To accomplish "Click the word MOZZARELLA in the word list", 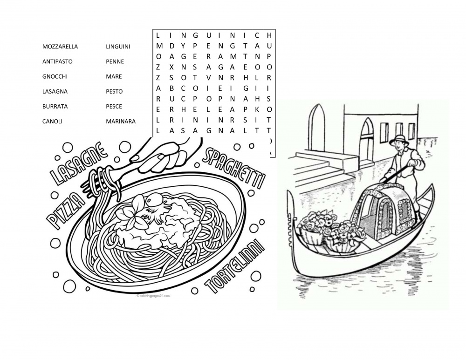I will (60, 47).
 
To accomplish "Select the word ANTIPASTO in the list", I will (57, 61).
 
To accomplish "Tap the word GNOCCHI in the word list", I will (55, 76).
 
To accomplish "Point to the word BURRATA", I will (55, 106).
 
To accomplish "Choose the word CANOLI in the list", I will (52, 121).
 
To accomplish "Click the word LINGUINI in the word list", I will (118, 47).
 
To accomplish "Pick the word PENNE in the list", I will (115, 61).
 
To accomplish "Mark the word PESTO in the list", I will (114, 91).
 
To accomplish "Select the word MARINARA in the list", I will (121, 121).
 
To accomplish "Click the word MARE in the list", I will (114, 76).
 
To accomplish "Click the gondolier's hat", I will (399, 138).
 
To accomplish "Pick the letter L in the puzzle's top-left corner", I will (158, 35).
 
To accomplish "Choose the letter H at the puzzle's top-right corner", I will (269, 35).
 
